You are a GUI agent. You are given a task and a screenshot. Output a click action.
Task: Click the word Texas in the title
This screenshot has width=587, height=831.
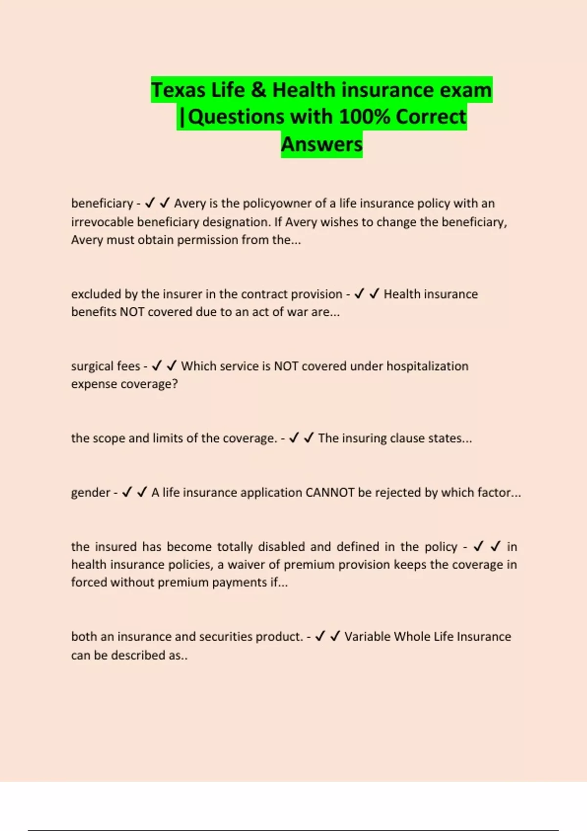[x=178, y=90]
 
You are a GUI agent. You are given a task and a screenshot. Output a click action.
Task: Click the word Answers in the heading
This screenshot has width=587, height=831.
[x=322, y=144]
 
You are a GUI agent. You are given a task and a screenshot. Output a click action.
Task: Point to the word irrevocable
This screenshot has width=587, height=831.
[x=102, y=222]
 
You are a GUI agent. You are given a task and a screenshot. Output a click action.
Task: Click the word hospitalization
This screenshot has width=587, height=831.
[x=427, y=366]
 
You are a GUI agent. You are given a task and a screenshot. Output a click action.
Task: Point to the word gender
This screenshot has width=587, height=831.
[x=90, y=492]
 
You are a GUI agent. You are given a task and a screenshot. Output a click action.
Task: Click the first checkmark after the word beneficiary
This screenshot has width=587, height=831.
[x=150, y=203]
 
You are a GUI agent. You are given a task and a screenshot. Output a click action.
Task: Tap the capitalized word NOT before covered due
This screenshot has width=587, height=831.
[x=132, y=312]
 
